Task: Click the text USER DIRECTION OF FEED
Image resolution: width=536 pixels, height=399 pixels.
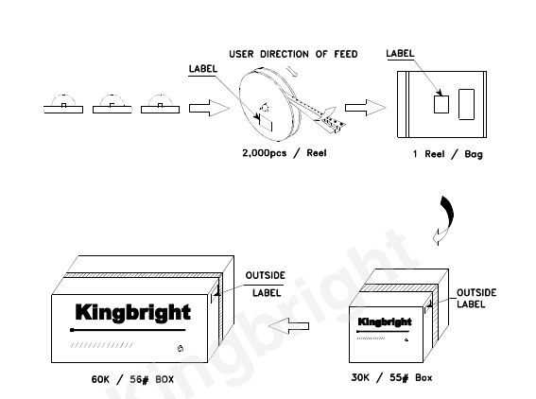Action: pos(293,54)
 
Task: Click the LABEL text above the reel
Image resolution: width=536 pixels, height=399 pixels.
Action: pos(203,69)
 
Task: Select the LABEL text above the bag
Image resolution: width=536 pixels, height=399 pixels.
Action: pos(400,53)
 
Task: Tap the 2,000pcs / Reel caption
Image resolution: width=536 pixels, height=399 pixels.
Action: pos(285,153)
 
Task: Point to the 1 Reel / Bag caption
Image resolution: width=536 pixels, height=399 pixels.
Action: pos(448,154)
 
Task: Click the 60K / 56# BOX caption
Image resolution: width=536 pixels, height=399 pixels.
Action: pos(132,379)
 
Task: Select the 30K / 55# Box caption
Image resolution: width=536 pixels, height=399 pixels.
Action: pos(391,378)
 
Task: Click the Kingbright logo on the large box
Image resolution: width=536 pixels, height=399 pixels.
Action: pos(132,313)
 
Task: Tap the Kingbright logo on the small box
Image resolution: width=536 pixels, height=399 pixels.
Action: pos(385,321)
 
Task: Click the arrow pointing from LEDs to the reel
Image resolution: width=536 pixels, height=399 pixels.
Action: pos(209,108)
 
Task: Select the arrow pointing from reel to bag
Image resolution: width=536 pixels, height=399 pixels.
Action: pos(366,108)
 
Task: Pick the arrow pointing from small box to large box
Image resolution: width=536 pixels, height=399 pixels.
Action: pos(288,326)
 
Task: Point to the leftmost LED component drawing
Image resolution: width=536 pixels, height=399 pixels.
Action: pos(63,104)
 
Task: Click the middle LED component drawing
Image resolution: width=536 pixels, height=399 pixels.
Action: pos(112,104)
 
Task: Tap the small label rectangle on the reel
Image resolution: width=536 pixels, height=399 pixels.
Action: pos(266,123)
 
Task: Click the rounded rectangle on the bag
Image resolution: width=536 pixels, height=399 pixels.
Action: pos(466,105)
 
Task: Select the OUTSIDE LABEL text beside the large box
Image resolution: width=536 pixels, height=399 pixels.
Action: pos(266,284)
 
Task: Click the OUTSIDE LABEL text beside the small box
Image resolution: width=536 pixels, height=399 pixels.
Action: pos(476,299)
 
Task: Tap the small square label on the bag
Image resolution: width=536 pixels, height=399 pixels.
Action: pos(441,104)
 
